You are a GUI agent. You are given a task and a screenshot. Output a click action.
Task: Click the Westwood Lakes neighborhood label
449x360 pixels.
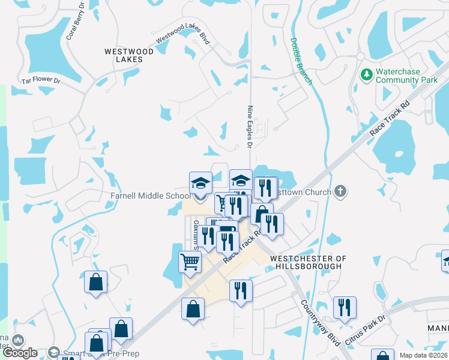(129, 55)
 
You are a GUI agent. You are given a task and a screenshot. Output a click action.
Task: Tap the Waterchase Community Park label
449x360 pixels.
(406, 76)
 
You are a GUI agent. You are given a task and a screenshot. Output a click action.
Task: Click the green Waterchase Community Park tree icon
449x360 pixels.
(366, 75)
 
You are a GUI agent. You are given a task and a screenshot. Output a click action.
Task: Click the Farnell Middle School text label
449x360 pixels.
(150, 196)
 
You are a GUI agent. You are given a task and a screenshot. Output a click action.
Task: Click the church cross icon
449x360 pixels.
(340, 192)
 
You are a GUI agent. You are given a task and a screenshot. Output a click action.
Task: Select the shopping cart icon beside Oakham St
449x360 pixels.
(190, 262)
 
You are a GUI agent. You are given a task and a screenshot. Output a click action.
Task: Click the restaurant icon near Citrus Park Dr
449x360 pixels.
(345, 307)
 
